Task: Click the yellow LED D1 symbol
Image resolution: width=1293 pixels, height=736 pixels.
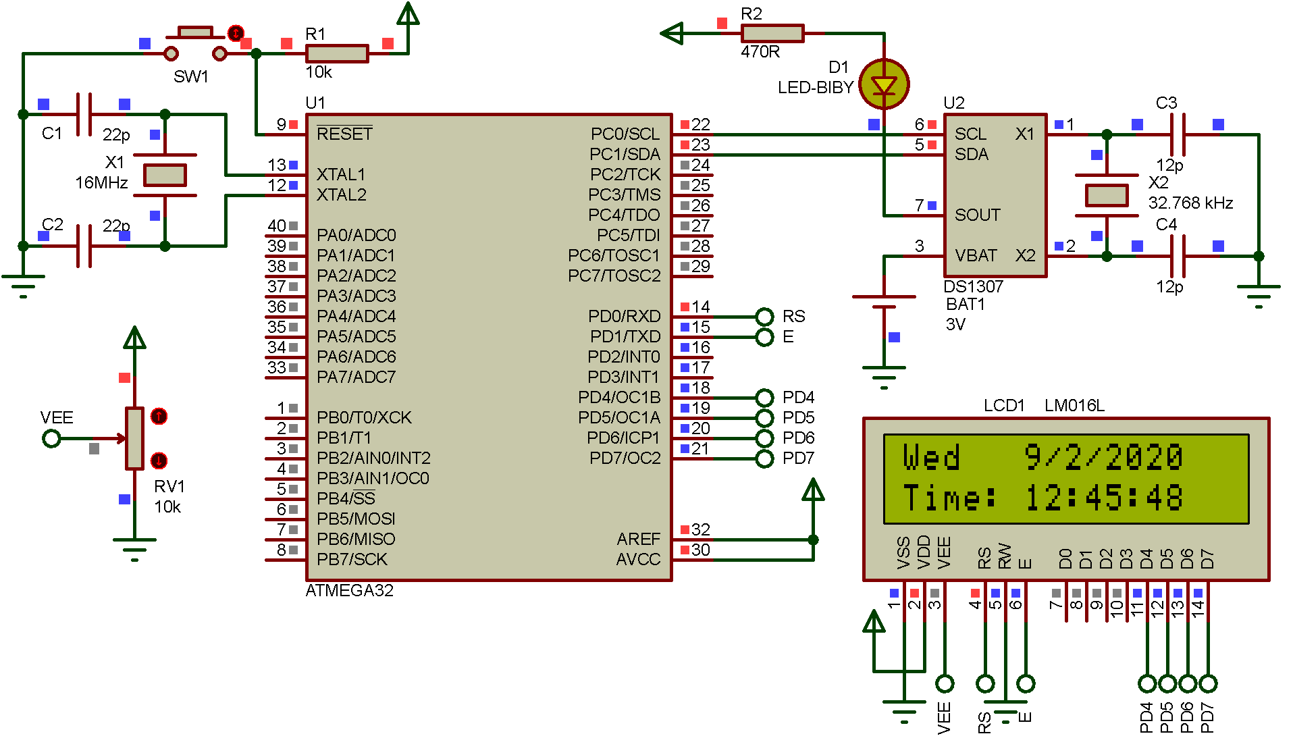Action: click(884, 84)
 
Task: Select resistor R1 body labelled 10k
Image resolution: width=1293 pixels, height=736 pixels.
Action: click(336, 53)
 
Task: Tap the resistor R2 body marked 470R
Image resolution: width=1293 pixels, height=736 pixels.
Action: click(772, 33)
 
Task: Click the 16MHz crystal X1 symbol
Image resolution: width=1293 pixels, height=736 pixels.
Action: click(165, 176)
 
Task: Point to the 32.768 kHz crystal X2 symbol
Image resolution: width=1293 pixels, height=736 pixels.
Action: click(1106, 196)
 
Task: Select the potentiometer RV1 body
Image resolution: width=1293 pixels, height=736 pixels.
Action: click(134, 438)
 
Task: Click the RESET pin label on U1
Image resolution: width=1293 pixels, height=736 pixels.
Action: click(344, 134)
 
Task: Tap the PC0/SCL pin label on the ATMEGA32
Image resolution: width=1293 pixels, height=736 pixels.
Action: click(625, 134)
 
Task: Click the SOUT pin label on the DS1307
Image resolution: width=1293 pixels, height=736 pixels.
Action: click(977, 215)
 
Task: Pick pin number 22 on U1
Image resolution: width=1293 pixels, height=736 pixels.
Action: click(701, 124)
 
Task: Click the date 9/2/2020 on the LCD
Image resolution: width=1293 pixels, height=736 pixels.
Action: click(1103, 457)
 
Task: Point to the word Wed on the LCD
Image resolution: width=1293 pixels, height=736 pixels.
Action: click(931, 457)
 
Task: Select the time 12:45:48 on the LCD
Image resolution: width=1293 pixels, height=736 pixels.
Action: click(1103, 498)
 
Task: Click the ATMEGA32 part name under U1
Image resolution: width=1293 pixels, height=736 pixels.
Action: click(349, 591)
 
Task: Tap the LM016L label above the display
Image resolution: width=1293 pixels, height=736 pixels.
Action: click(1074, 405)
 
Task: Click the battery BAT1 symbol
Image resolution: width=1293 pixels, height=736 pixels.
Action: click(884, 302)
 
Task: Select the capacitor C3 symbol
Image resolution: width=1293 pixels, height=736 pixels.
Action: click(1177, 134)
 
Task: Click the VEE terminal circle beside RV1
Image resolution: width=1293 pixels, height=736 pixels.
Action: click(51, 439)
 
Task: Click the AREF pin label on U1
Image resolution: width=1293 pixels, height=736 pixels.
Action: click(637, 539)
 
